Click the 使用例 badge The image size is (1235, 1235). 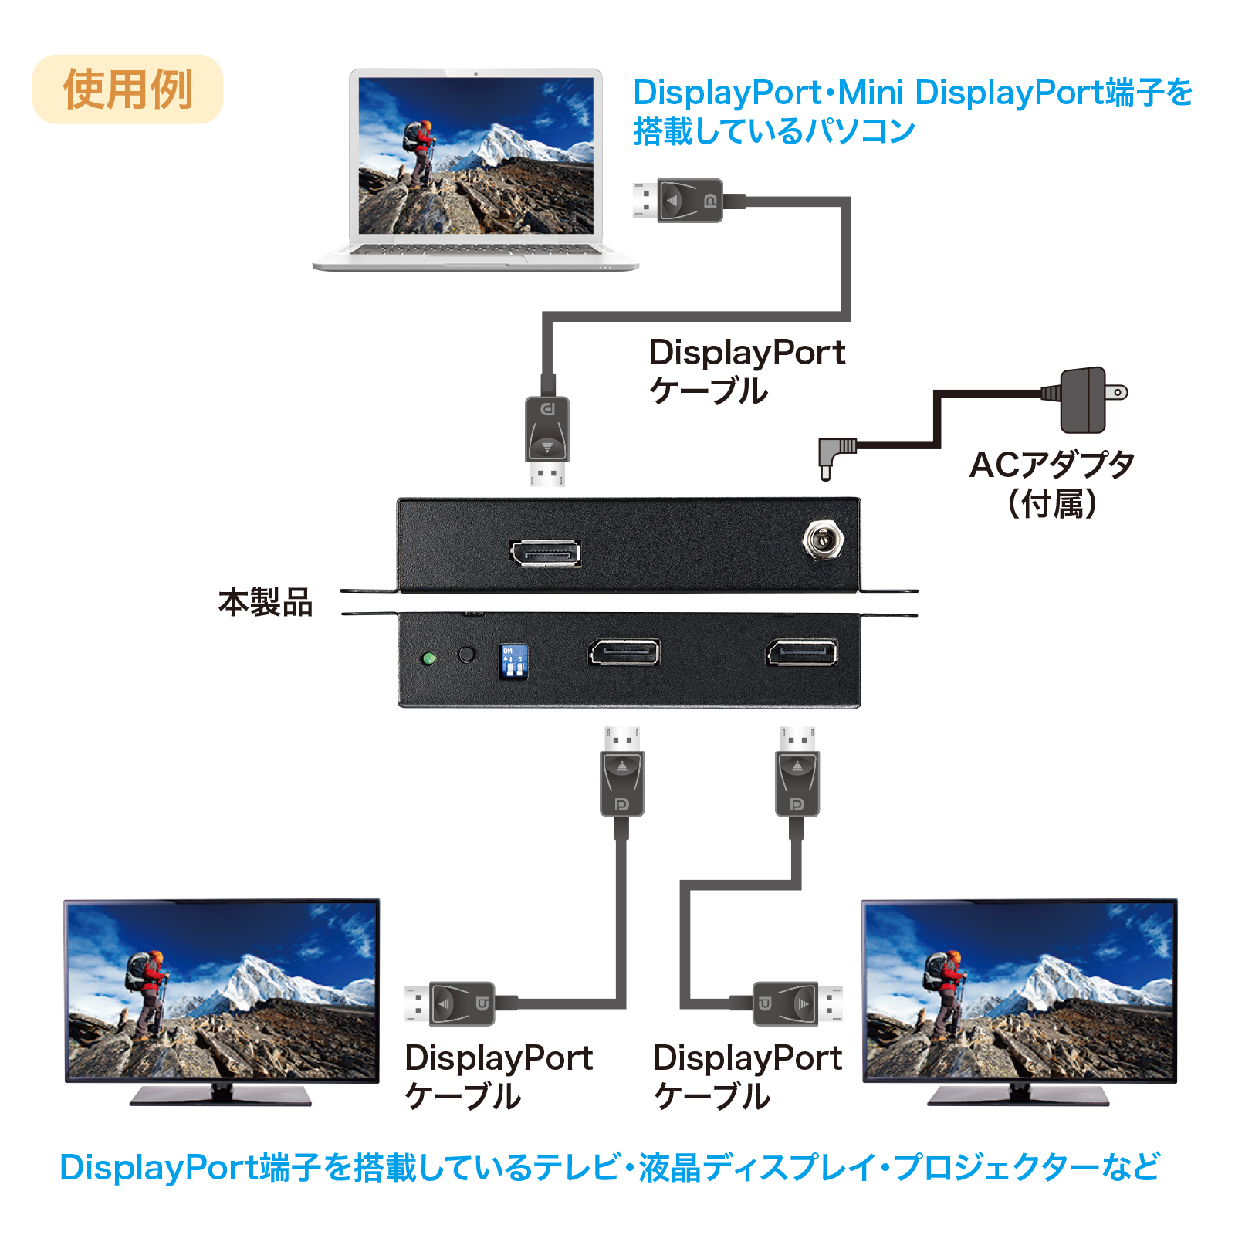point(127,90)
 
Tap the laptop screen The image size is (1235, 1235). point(476,155)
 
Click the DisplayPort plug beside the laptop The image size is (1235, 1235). point(678,201)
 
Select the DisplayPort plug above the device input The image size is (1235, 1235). point(547,441)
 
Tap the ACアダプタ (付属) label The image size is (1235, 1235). point(1052,484)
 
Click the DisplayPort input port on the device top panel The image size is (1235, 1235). point(546,553)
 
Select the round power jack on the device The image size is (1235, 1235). point(823,540)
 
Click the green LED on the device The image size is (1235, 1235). point(429,658)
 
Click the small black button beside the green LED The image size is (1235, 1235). point(467,655)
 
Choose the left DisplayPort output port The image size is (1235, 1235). point(624,652)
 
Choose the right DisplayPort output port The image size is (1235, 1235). point(802,652)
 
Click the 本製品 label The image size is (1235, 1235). point(266,603)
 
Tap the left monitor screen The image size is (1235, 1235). point(222,991)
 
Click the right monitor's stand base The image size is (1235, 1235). point(1019,1096)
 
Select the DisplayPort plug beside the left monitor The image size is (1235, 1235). point(450,1003)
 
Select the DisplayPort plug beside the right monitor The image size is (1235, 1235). point(797,1003)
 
